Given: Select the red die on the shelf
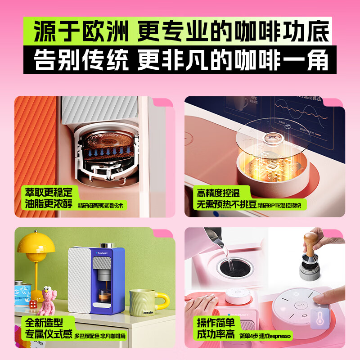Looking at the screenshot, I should (33, 305).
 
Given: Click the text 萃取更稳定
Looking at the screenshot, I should (49, 192).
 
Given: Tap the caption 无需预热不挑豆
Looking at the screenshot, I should (226, 205).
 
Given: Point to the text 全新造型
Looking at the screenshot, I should (44, 323).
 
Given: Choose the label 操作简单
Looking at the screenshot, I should (216, 323).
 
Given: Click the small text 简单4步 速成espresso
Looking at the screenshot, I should (265, 336).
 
